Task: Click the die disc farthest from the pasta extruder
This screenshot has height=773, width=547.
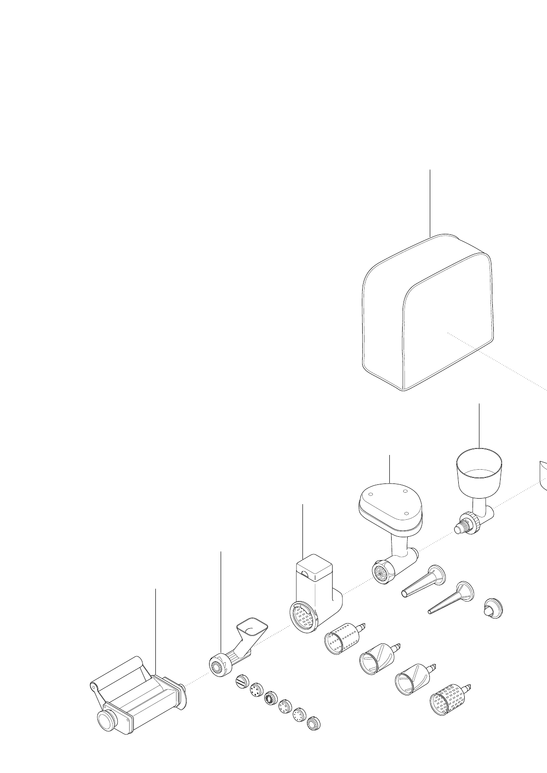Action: (x=314, y=723)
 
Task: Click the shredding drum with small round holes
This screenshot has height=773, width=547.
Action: (x=341, y=637)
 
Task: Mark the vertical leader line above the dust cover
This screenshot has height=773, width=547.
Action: (x=430, y=202)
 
